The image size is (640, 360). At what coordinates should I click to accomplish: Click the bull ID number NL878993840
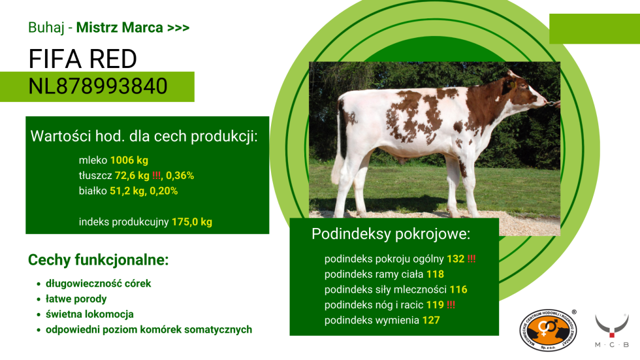pos(98,86)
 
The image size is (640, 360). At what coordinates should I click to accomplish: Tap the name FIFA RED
pos(82,59)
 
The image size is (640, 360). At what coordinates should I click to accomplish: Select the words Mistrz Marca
pos(120,27)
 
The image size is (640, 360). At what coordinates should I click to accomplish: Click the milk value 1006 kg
pos(129,160)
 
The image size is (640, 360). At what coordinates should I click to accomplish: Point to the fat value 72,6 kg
pos(132,176)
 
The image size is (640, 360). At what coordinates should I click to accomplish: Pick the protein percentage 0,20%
pos(164,191)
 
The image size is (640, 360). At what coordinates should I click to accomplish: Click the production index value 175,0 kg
pos(192,222)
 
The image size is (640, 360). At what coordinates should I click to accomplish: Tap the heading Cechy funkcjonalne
pos(98,260)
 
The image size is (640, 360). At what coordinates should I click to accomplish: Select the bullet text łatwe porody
pos(76,299)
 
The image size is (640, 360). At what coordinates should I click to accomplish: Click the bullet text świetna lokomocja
pos(90,314)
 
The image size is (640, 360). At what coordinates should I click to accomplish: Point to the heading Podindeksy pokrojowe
pos(391,234)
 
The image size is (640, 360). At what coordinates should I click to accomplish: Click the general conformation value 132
pos(456,259)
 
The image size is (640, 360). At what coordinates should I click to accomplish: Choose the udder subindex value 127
pos(431,320)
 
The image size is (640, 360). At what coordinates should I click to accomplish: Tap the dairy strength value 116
pos(458,289)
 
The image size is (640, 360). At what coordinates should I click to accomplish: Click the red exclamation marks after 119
pos(451,305)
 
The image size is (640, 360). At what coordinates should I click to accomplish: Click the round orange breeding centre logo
pos(547,330)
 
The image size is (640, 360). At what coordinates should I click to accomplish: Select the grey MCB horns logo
pos(612,330)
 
